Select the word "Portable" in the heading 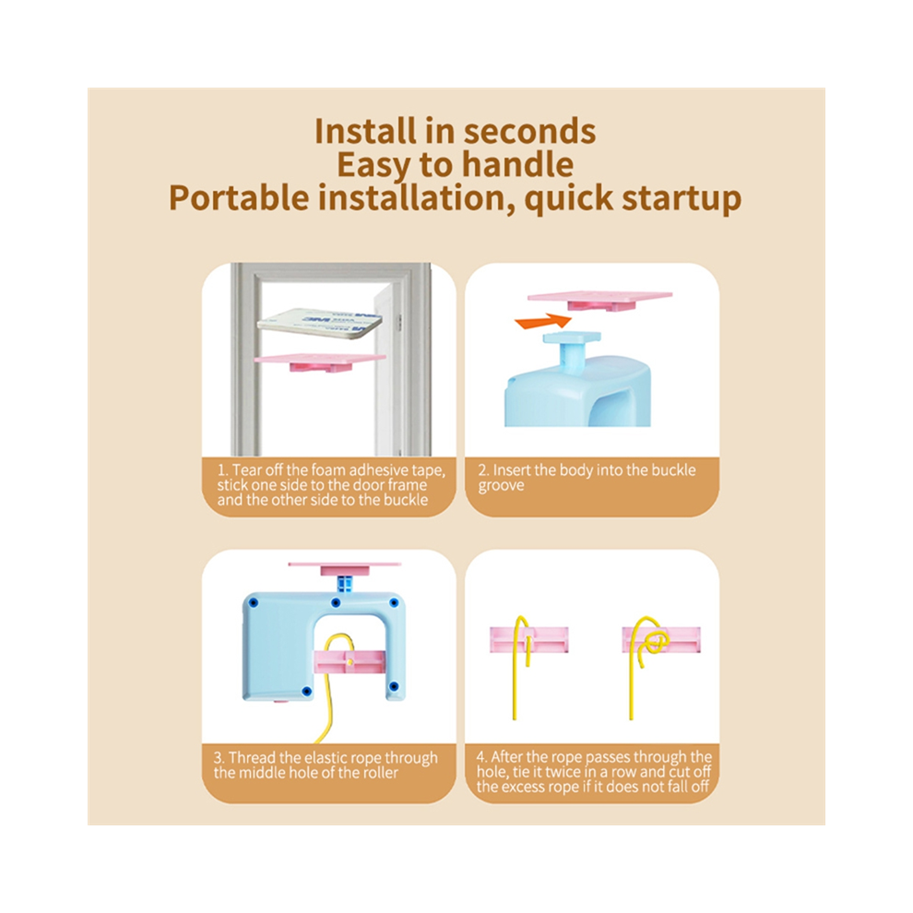pos(239,198)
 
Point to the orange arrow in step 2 pos(542,321)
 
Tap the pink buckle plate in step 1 pos(320,362)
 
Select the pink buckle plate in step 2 pos(599,301)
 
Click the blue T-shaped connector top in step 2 pos(571,338)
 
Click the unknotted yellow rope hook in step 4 pos(520,641)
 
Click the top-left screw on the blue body pos(254,602)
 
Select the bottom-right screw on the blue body pos(394,686)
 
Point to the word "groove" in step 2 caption pos(502,486)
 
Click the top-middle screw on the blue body pos(336,602)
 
